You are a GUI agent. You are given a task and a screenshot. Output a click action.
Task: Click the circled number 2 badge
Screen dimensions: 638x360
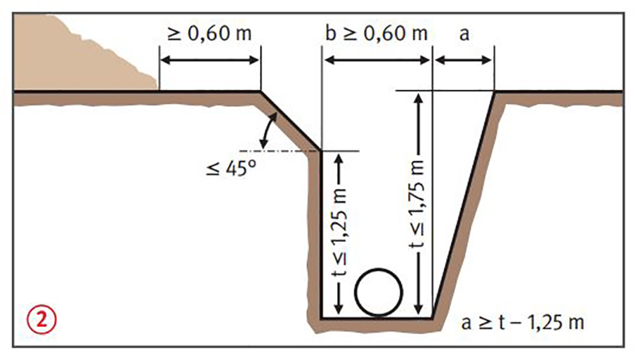coord(41,319)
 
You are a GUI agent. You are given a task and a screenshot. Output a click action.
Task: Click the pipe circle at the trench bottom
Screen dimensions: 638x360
coord(378,292)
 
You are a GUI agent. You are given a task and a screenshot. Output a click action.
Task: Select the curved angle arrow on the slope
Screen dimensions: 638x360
coord(269,131)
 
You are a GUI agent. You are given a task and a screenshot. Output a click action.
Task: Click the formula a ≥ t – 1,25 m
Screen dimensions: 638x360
coord(523,322)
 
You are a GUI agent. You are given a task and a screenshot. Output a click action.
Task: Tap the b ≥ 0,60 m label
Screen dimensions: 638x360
coord(376,33)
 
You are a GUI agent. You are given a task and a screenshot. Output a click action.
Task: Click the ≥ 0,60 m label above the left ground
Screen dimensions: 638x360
coord(209,33)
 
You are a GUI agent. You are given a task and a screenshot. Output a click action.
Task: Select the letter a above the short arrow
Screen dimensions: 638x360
coord(464,34)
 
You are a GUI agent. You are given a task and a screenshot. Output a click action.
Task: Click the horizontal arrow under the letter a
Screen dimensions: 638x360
coord(463,61)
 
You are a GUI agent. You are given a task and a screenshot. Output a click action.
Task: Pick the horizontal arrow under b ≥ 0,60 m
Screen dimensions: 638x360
coord(377,61)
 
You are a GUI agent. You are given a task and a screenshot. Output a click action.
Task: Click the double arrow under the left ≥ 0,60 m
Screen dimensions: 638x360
coord(210,61)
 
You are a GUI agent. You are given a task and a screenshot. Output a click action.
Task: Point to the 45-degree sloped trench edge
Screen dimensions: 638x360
coord(290,121)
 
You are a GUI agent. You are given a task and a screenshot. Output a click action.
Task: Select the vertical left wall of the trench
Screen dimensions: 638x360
coord(321,234)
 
